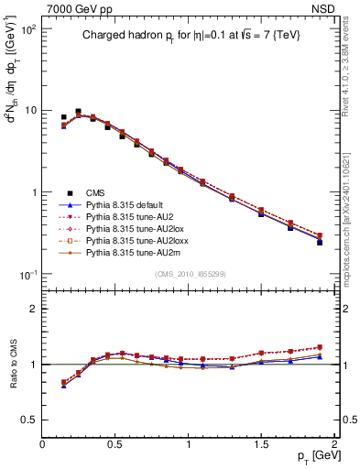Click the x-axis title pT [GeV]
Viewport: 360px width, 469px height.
coord(313,456)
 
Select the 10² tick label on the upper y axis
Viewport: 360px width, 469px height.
coord(27,29)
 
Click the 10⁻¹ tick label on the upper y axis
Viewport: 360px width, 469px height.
coord(27,275)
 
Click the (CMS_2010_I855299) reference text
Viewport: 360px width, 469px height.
coord(188,274)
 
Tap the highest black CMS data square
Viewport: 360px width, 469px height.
coord(78,112)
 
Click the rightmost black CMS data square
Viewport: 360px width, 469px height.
coord(320,243)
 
